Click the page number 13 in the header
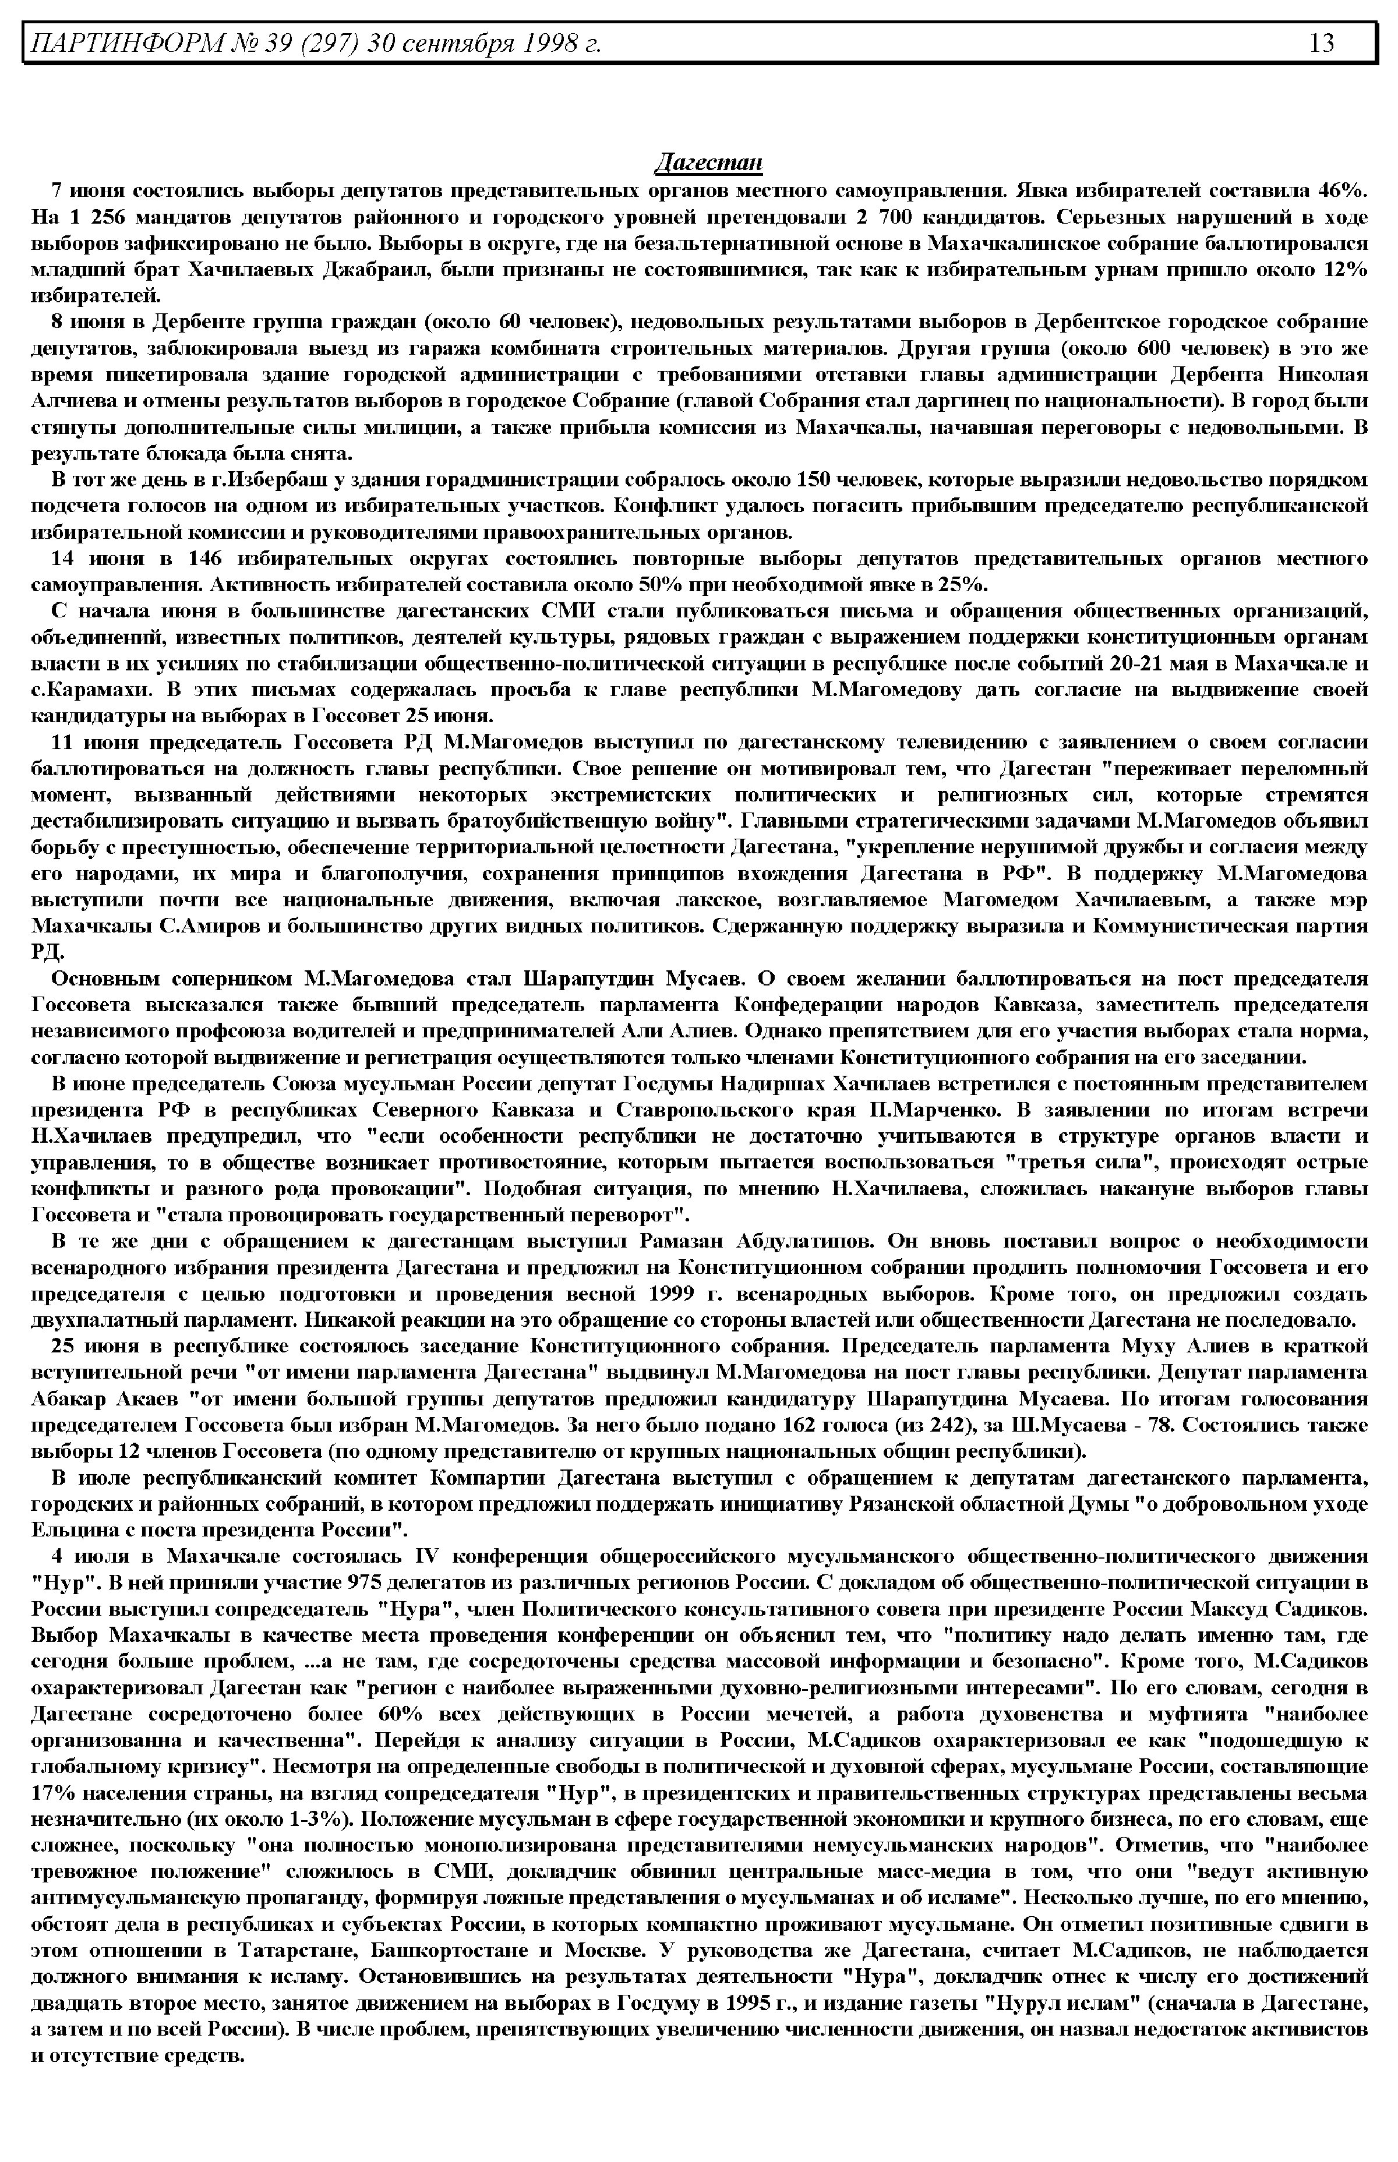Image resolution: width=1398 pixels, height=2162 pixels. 1322,43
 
